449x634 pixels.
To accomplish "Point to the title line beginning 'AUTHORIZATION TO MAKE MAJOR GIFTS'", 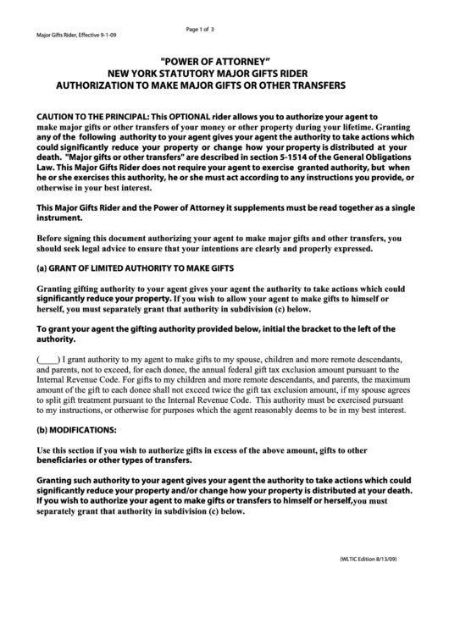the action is (x=201, y=86).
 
